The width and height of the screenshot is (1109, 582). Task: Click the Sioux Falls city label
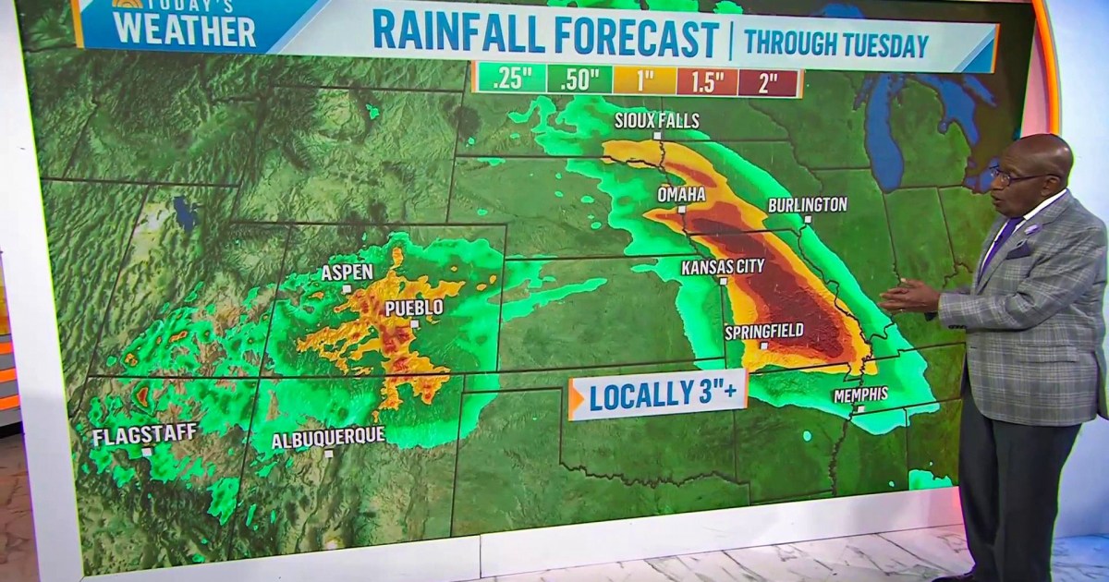658,121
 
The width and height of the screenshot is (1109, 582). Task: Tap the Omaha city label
681,194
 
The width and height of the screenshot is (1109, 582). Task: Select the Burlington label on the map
807,204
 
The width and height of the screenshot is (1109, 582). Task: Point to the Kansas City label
723,267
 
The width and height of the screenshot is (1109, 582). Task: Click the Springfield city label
763,331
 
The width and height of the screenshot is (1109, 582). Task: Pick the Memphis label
859,394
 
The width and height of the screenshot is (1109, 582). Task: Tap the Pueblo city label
414,308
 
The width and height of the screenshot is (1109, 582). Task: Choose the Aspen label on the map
347,273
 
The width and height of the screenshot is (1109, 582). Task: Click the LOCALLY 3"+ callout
658,398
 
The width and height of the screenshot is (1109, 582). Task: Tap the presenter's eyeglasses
1021,176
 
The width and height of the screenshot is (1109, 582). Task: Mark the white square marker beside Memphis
859,409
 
